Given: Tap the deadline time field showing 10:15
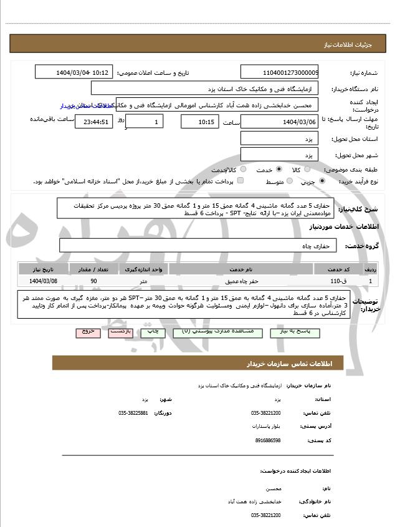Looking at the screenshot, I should [x=199, y=122].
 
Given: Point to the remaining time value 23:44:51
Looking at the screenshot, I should [x=93, y=122].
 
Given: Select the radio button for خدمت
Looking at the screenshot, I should [x=278, y=169].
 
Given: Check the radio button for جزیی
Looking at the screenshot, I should [x=321, y=181].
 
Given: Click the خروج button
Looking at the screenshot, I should [x=87, y=332].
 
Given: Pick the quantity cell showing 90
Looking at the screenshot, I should [x=93, y=281].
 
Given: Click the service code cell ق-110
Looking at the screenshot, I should [x=338, y=281].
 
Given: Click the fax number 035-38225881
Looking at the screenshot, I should [x=133, y=413].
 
